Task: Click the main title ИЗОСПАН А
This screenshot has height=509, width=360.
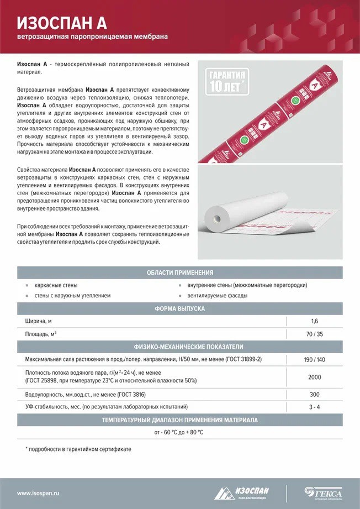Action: [62, 22]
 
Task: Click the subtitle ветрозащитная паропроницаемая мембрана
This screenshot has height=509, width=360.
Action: [92, 38]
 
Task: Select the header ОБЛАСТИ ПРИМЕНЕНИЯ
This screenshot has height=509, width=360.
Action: [180, 272]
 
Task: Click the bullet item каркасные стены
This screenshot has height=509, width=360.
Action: [56, 285]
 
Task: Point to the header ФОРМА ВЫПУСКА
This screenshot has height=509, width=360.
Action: [180, 308]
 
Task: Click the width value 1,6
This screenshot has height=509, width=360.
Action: [315, 321]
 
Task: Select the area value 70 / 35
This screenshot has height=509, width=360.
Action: [315, 334]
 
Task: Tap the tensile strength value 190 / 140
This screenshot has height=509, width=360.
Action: [315, 359]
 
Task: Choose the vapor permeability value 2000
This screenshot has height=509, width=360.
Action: [315, 376]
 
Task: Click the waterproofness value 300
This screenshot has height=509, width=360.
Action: [315, 395]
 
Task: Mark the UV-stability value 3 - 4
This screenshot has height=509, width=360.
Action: [315, 407]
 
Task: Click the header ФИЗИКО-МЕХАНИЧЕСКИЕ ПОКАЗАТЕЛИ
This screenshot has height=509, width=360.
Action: [180, 347]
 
